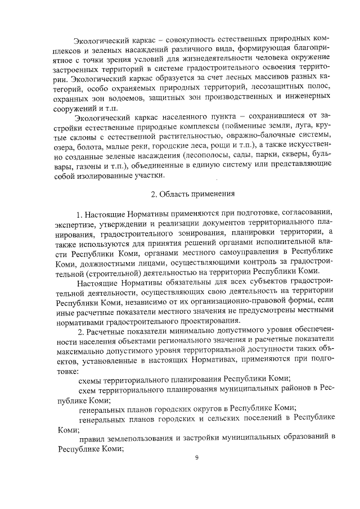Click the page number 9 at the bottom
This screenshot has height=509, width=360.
click(197, 457)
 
